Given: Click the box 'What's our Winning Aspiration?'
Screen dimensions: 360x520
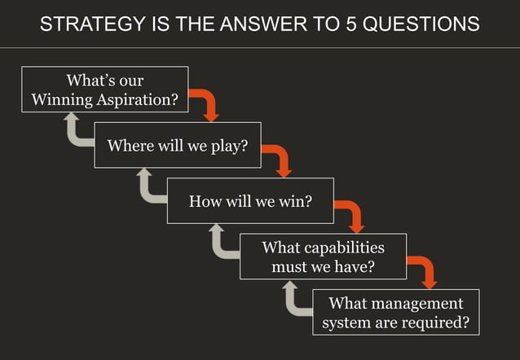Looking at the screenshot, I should point(104,90).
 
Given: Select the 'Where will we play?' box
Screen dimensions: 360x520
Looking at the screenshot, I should point(177,145).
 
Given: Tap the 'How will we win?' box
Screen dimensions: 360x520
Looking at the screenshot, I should point(250,200).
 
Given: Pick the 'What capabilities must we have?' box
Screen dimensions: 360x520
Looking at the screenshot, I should point(323,256).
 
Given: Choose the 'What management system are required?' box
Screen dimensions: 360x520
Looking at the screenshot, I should point(395,312).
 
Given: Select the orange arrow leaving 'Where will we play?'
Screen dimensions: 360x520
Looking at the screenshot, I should point(278,159).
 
